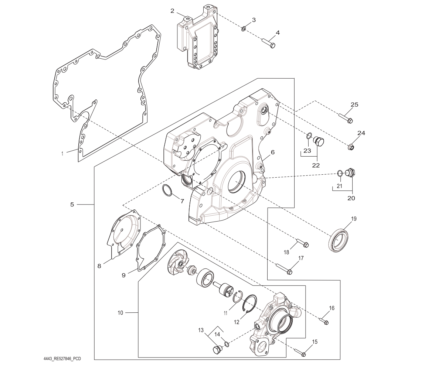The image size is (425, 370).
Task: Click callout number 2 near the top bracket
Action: point(172,11)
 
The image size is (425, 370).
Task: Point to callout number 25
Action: point(354,105)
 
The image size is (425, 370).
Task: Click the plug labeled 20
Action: point(350,172)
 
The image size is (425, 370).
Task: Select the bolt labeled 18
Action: point(302,243)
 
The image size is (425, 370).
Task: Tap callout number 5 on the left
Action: point(72,204)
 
